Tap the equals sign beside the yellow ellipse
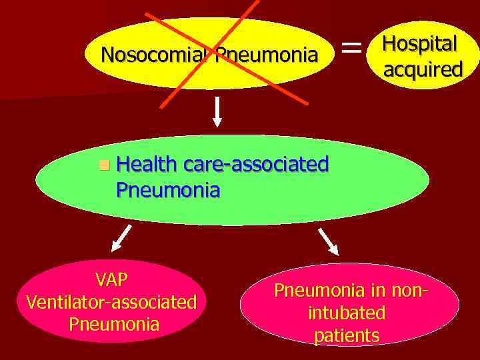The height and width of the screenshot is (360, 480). click(x=352, y=48)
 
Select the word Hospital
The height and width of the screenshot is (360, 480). click(x=419, y=44)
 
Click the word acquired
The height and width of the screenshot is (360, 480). click(x=423, y=69)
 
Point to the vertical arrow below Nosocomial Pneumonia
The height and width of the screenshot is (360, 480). click(x=217, y=113)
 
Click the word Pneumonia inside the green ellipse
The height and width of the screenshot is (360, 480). click(x=167, y=191)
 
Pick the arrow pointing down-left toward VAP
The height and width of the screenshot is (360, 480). click(x=121, y=238)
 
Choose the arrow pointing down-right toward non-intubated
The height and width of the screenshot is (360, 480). click(x=328, y=241)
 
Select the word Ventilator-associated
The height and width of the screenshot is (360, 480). click(x=111, y=302)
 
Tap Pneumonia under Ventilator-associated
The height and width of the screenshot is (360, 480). click(x=113, y=325)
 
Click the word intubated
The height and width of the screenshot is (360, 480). click(x=347, y=313)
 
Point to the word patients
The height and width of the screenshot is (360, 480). click(x=347, y=335)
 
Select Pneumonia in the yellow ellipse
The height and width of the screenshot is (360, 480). click(x=266, y=55)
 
